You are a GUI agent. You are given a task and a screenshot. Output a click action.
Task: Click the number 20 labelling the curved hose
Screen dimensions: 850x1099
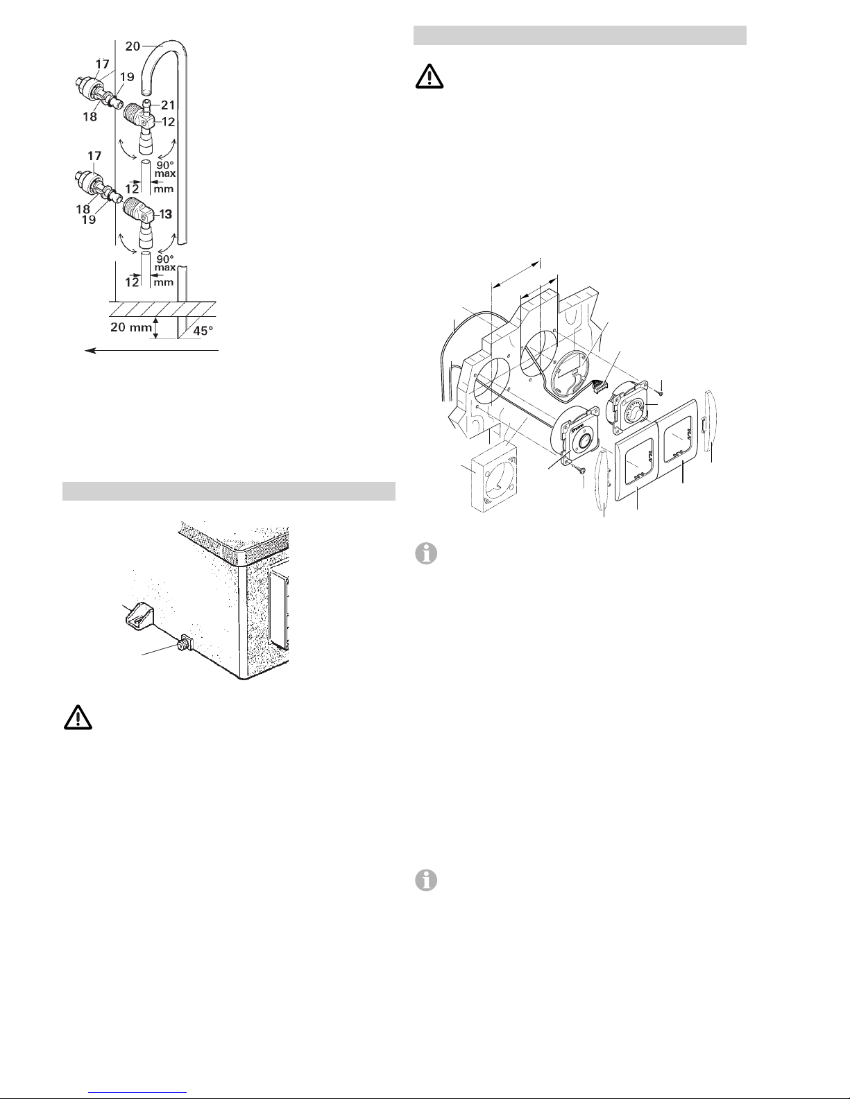(x=133, y=46)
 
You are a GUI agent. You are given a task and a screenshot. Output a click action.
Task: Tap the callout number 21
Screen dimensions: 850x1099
(x=168, y=105)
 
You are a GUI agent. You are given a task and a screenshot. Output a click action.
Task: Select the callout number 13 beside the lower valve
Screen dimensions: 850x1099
(x=166, y=214)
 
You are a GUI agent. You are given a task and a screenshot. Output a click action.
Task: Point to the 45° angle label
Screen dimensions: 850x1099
(x=203, y=331)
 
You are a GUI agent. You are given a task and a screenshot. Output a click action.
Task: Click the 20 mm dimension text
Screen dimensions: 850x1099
(x=131, y=327)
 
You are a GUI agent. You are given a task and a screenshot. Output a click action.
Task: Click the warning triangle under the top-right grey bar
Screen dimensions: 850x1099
(x=430, y=77)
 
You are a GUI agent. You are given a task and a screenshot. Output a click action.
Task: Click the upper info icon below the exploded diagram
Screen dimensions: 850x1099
(x=426, y=554)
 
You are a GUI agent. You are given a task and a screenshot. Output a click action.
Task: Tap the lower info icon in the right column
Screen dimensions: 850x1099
(x=426, y=881)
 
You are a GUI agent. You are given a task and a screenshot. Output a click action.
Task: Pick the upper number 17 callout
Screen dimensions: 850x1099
(x=102, y=64)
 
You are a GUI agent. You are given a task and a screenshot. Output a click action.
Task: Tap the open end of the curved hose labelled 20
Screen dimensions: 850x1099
(x=146, y=92)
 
